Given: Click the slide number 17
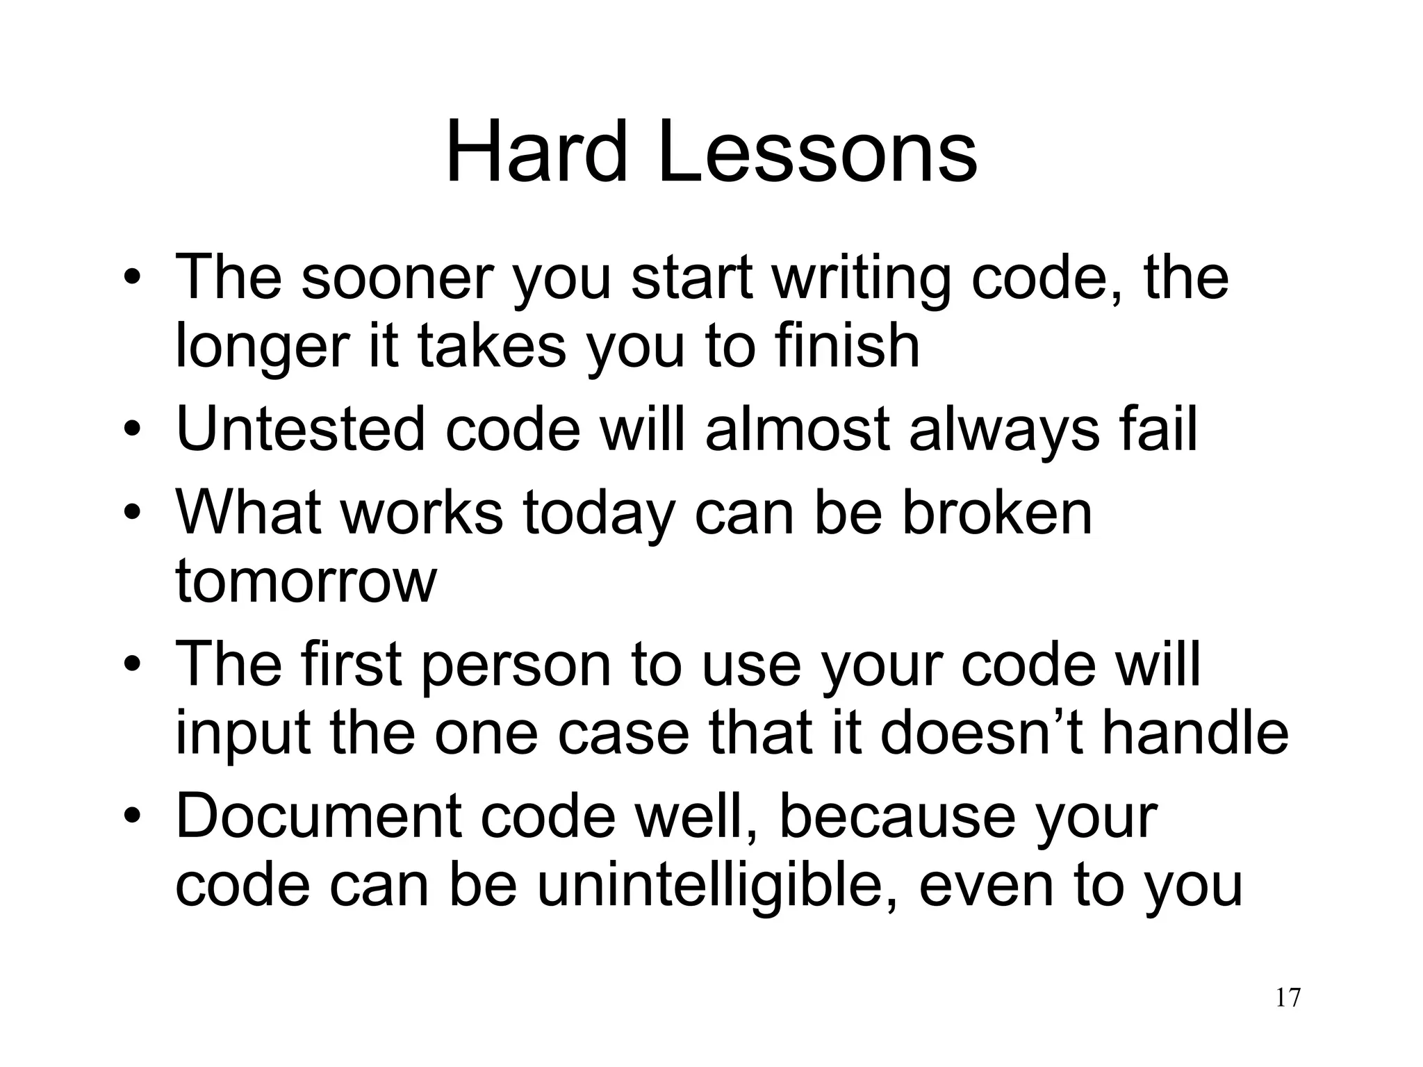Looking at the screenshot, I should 1288,998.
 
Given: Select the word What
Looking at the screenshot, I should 249,512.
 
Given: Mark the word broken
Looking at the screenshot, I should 997,512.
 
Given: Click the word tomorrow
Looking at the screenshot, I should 306,581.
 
